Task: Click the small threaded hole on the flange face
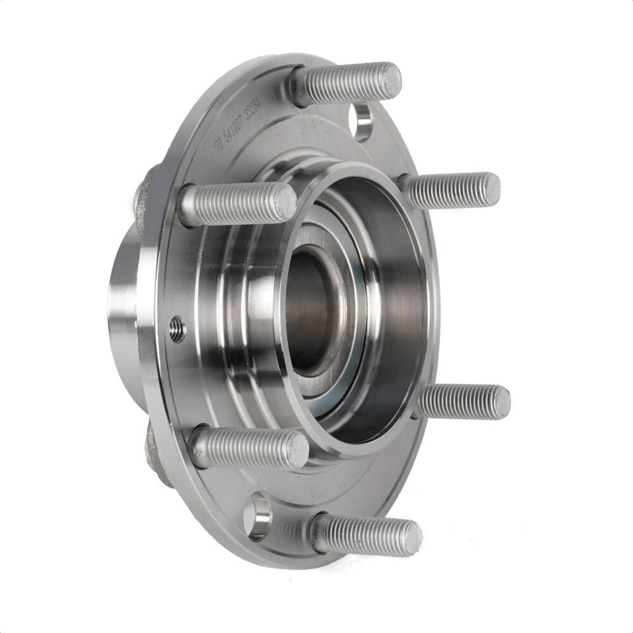(177, 329)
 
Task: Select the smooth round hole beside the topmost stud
(363, 122)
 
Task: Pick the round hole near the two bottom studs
(258, 517)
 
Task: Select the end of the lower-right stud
(500, 403)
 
